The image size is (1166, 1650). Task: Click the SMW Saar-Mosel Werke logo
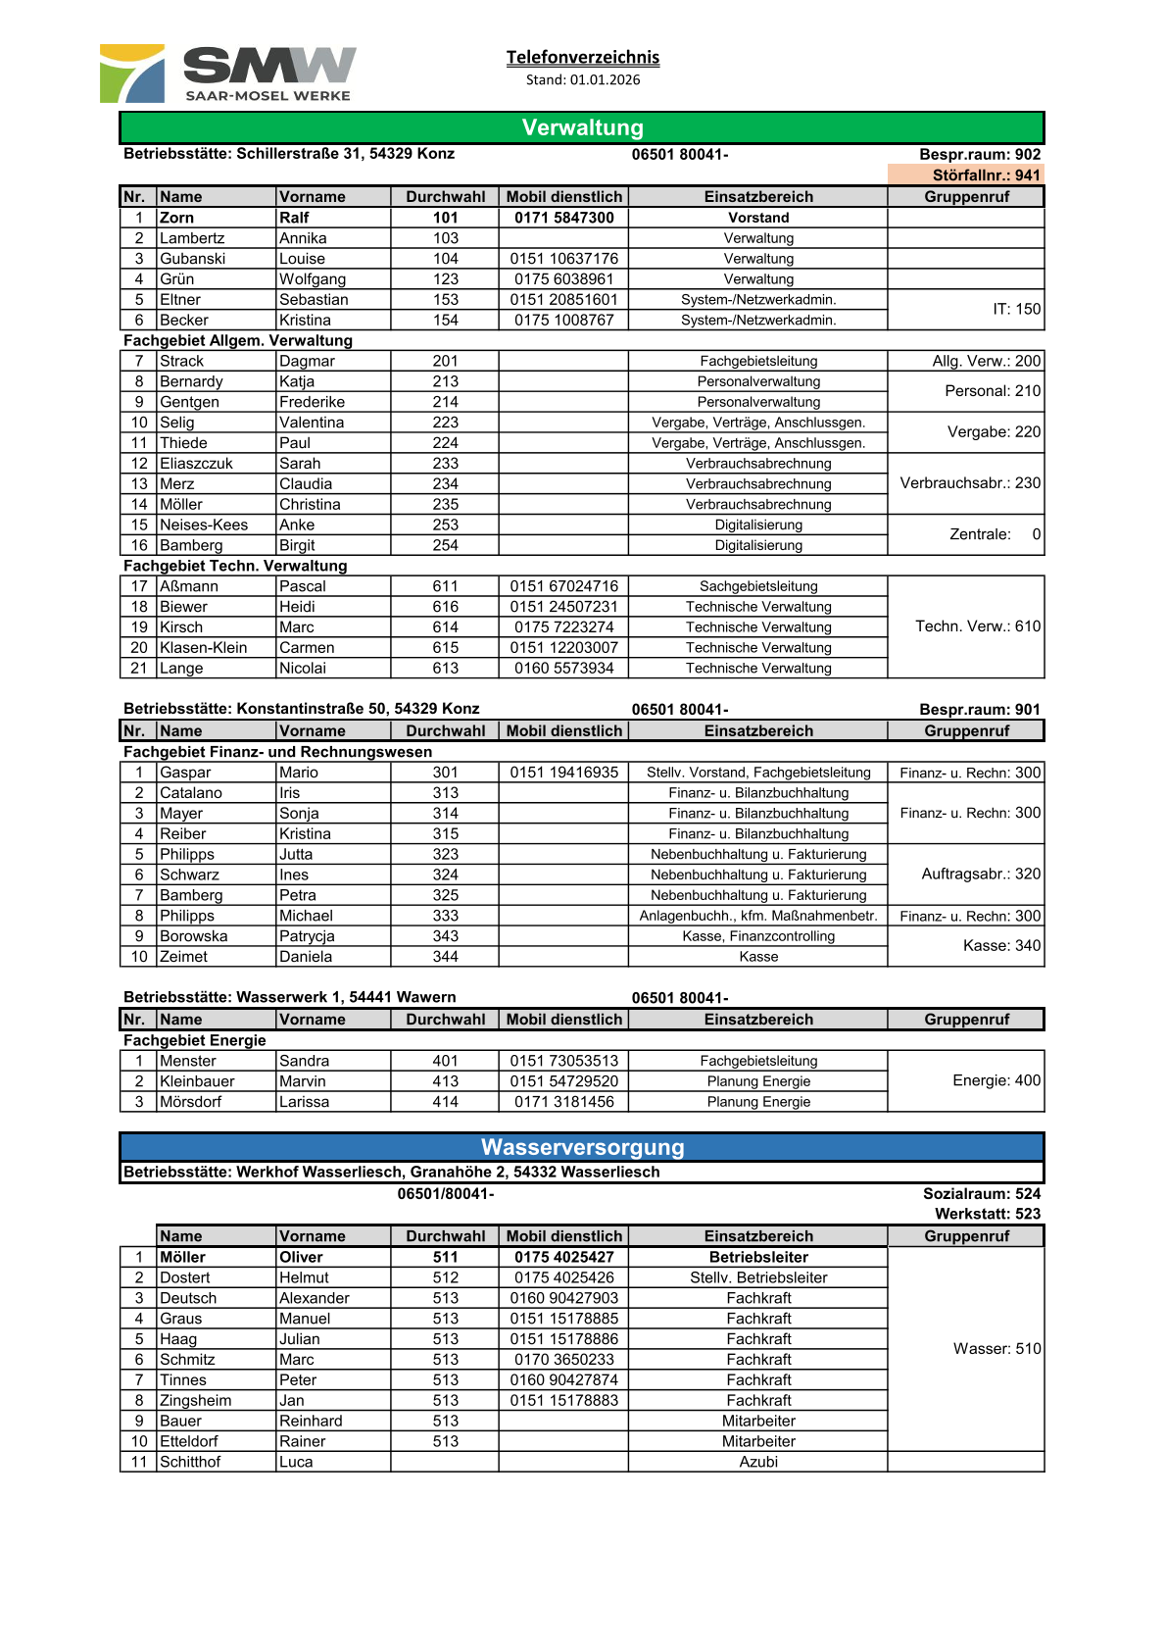tap(228, 74)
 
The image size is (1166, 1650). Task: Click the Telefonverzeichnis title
tap(582, 57)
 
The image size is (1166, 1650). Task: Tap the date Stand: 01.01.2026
tap(582, 79)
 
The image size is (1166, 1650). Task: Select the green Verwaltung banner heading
tap(582, 127)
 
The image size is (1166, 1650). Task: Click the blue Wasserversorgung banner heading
tap(582, 1147)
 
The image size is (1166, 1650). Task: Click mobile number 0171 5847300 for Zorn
tap(563, 218)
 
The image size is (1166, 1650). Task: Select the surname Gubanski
tap(193, 259)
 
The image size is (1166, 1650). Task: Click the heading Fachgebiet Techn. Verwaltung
tap(235, 566)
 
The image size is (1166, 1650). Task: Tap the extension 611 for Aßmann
tap(445, 586)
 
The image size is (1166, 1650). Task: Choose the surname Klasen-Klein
tap(204, 648)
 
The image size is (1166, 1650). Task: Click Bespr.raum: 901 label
tap(979, 709)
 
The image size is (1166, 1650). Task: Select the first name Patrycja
tap(307, 936)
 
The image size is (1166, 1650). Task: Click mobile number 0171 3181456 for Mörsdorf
tap(563, 1102)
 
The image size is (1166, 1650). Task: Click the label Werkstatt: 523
tap(987, 1214)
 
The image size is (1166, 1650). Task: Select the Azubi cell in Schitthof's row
tap(758, 1462)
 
